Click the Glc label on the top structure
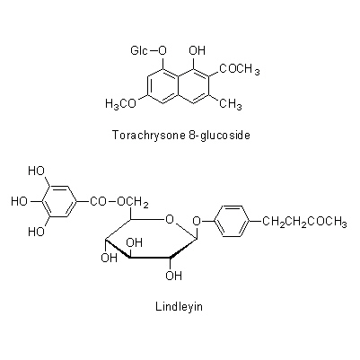pyautogui.click(x=139, y=51)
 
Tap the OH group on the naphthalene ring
pyautogui.click(x=197, y=51)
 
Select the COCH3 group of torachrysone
pyautogui.click(x=240, y=69)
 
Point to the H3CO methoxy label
pyautogui.click(x=121, y=104)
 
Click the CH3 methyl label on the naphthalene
pyautogui.click(x=231, y=104)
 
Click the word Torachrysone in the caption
pyautogui.click(x=149, y=136)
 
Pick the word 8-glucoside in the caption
pyautogui.click(x=219, y=136)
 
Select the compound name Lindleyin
pyautogui.click(x=179, y=307)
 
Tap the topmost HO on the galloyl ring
pyautogui.click(x=37, y=171)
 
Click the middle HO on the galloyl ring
pyautogui.click(x=20, y=201)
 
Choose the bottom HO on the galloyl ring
pyautogui.click(x=37, y=232)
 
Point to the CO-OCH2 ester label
pyautogui.click(x=119, y=202)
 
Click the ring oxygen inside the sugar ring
pyautogui.click(x=170, y=220)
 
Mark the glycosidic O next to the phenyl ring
pyautogui.click(x=197, y=221)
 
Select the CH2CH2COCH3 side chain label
pyautogui.click(x=304, y=222)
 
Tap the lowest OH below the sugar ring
pyautogui.click(x=173, y=276)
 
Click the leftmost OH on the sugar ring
pyautogui.click(x=109, y=258)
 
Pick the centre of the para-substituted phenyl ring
pyautogui.click(x=233, y=221)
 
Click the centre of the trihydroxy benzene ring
pyautogui.click(x=60, y=201)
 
